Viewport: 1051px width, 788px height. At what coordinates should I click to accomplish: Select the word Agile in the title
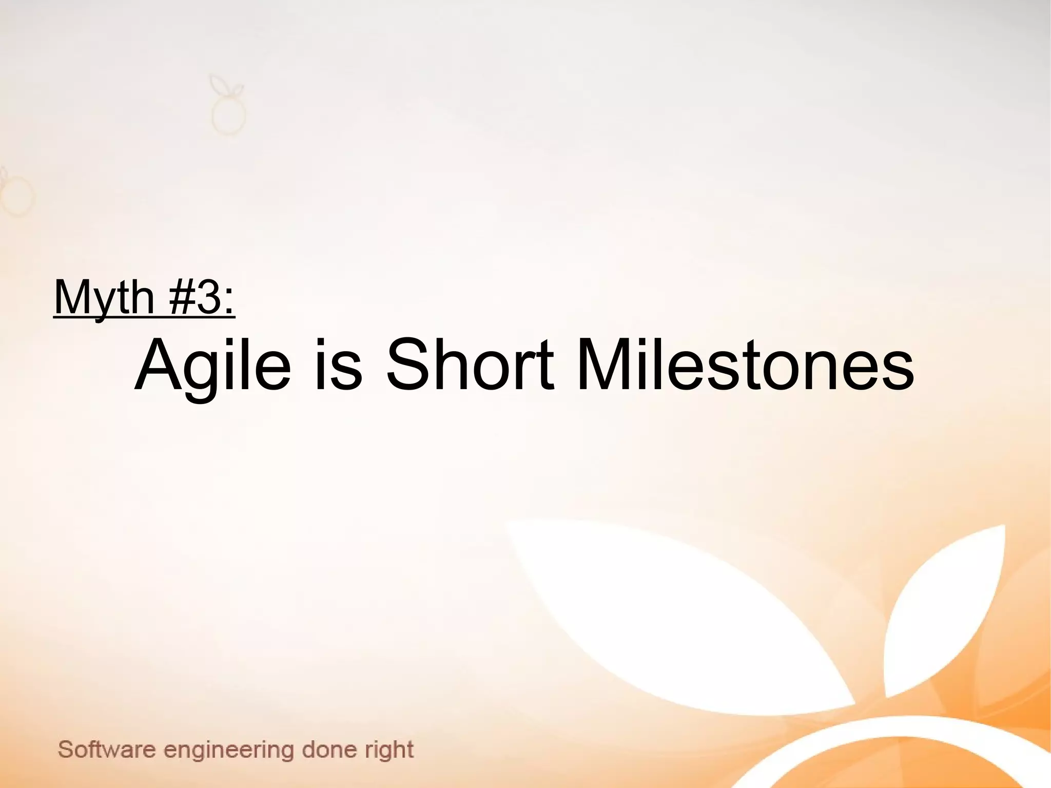212,366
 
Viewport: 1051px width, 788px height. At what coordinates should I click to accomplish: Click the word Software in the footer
107,749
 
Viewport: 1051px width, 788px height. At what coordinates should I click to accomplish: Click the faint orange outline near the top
227,108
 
